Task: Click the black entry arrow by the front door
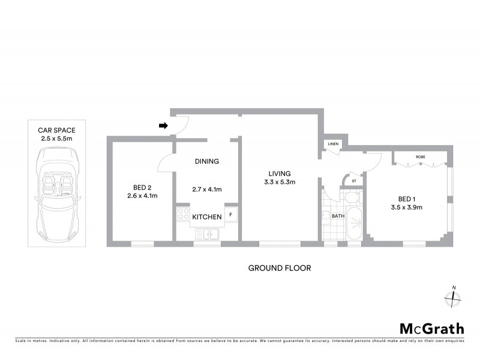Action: pyautogui.click(x=163, y=125)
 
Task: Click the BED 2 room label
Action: pyautogui.click(x=142, y=186)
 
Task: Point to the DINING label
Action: pyautogui.click(x=206, y=161)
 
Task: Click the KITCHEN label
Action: pyautogui.click(x=207, y=217)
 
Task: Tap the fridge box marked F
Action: pyautogui.click(x=232, y=215)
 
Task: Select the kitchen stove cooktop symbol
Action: pyautogui.click(x=182, y=215)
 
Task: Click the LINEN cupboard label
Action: pyautogui.click(x=332, y=144)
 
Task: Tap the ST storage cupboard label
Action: pyautogui.click(x=353, y=181)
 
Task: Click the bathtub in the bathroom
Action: pyautogui.click(x=353, y=223)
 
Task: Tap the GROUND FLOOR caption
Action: pyautogui.click(x=280, y=268)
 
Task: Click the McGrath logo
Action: pyautogui.click(x=432, y=328)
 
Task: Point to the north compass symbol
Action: pyautogui.click(x=454, y=298)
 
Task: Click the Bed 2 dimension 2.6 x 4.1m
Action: pyautogui.click(x=142, y=196)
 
